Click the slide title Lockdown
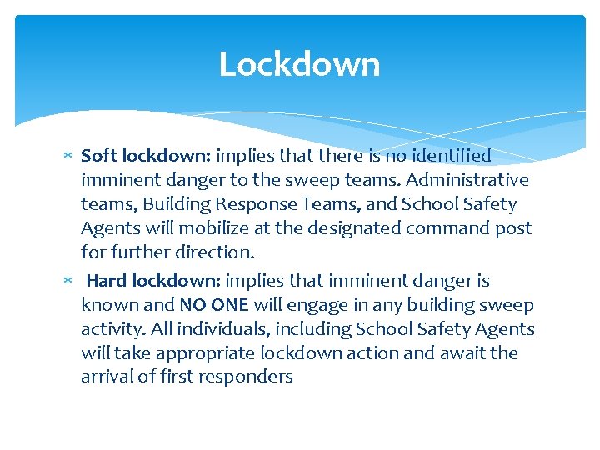tap(299, 64)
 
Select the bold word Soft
tap(99, 156)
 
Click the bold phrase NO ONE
tap(213, 305)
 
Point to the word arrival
tap(107, 377)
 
